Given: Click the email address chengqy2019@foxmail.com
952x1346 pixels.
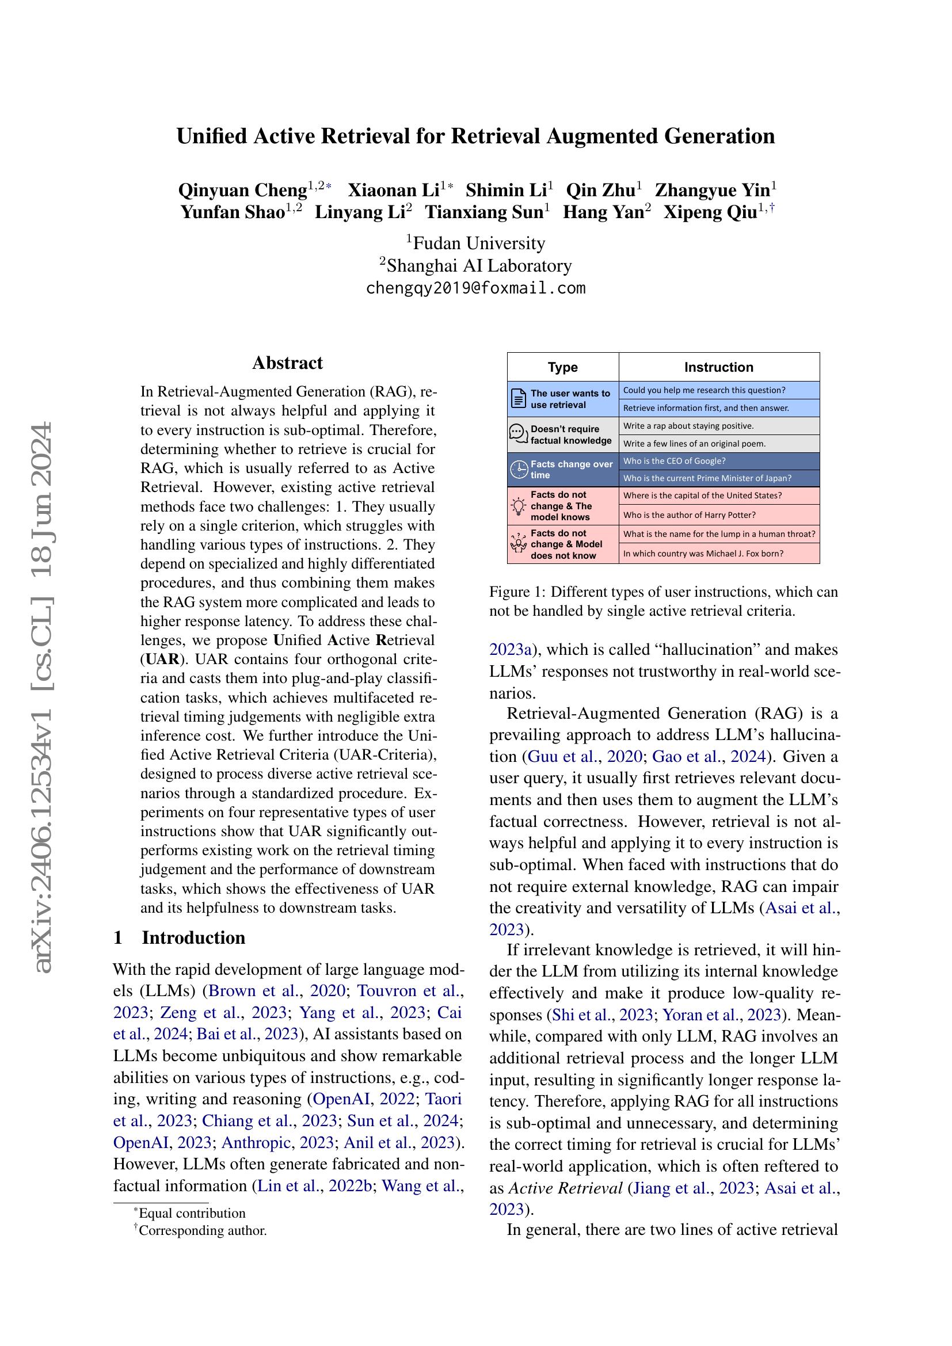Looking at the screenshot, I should click(475, 288).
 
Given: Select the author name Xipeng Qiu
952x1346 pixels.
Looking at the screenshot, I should click(710, 212).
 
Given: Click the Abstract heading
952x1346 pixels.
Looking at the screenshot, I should click(287, 363).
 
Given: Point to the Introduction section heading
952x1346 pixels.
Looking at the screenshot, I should click(193, 937).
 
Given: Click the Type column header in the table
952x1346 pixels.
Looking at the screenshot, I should click(562, 367).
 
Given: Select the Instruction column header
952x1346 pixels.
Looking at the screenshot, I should click(718, 367).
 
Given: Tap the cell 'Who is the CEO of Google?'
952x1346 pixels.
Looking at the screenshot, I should click(674, 461).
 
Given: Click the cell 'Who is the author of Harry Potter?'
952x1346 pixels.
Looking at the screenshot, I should click(689, 514).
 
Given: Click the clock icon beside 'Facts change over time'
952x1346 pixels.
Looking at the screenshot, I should click(519, 470).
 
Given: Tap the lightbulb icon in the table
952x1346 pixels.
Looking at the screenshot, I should click(519, 506).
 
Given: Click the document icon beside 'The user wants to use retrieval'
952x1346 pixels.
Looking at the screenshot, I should click(519, 399).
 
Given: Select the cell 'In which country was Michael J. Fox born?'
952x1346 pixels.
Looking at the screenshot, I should click(703, 554).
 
